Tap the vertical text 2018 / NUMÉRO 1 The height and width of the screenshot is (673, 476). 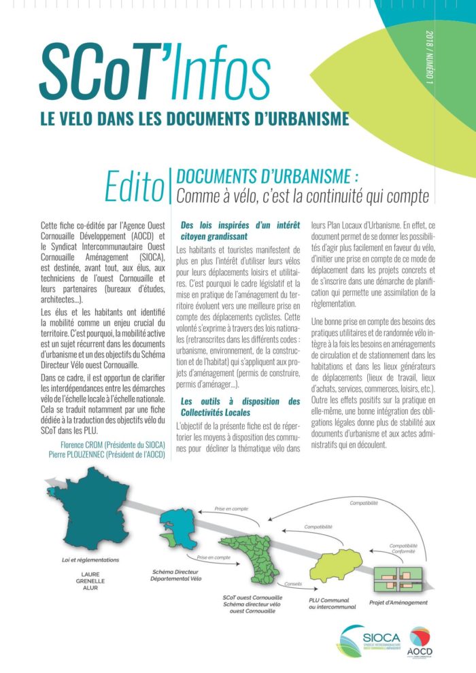point(429,58)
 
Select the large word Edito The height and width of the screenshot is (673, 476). point(133,186)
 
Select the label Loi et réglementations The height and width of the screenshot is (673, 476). point(89,560)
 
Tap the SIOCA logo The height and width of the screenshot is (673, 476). point(371,640)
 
